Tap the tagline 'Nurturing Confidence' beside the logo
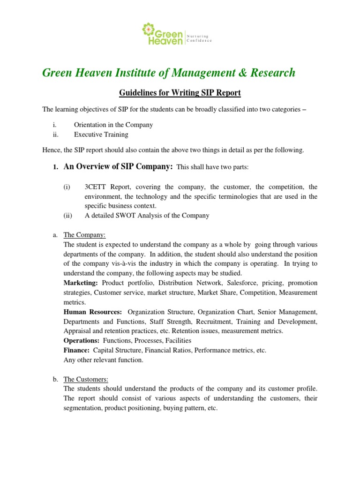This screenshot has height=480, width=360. tap(199, 38)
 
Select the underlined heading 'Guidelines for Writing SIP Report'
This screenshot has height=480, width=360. tap(180, 93)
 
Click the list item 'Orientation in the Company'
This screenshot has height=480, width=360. tap(113, 125)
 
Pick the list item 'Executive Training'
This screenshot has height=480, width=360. tap(101, 135)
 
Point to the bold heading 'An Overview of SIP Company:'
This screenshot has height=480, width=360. tap(118, 166)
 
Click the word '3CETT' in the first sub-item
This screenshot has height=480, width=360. tap(96, 187)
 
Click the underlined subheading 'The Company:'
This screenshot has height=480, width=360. tap(84, 235)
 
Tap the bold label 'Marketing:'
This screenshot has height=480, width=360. tap(81, 283)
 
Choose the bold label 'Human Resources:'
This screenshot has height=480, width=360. tap(93, 312)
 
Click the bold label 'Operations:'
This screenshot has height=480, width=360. tap(81, 341)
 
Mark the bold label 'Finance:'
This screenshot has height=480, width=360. tap(76, 350)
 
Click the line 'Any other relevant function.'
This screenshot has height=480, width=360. tap(104, 360)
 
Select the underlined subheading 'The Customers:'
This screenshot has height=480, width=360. tap(86, 379)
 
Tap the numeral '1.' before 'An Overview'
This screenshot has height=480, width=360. tap(55, 167)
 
